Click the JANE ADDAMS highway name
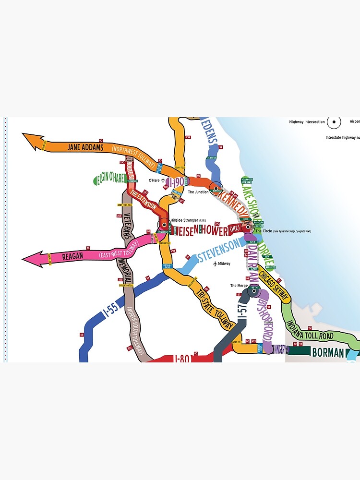click(85, 147)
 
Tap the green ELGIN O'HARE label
click(110, 179)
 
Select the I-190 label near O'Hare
click(175, 181)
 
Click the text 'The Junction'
click(198, 192)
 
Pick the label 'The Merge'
click(239, 286)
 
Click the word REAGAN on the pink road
click(73, 257)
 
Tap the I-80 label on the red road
click(182, 358)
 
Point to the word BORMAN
click(328, 353)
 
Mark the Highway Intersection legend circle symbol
click(334, 122)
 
